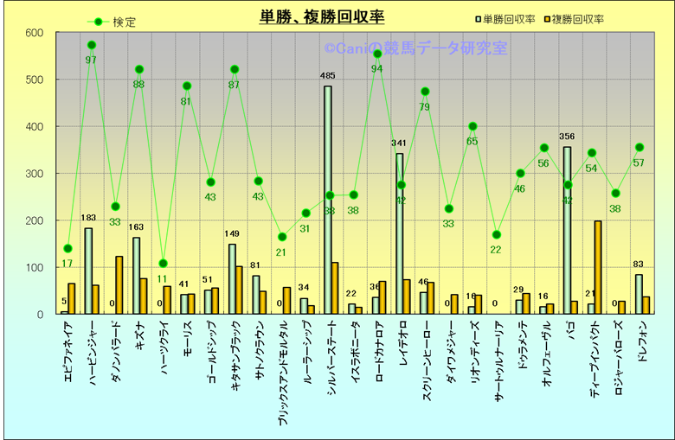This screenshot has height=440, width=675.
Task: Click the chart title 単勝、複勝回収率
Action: click(x=322, y=16)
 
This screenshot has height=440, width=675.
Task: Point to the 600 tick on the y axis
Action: click(x=34, y=33)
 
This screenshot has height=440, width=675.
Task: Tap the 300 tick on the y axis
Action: click(x=34, y=174)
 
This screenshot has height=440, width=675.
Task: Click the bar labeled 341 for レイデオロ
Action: click(x=399, y=233)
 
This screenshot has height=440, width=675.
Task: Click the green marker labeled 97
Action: click(x=92, y=45)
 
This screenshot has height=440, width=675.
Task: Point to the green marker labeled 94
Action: click(x=377, y=54)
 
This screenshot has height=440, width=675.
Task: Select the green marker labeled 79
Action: click(x=425, y=92)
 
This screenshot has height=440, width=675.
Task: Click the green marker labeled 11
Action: click(x=163, y=264)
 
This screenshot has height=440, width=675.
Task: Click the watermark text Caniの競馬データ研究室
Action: click(x=415, y=49)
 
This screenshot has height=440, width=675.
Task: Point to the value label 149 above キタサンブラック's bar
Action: click(x=233, y=234)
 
